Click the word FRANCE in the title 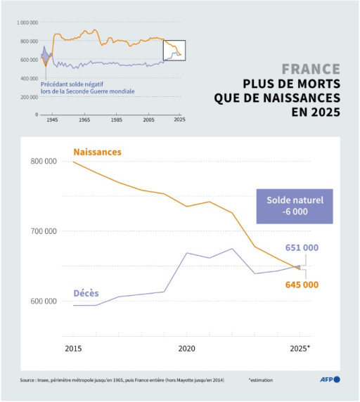311,70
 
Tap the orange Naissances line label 97,152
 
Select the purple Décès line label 86,292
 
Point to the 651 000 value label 302,247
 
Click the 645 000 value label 302,285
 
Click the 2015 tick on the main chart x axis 72,348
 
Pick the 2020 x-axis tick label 186,348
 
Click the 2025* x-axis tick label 300,348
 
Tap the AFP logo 330,380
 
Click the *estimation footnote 263,380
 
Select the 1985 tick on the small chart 116,121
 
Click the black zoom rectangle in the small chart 174,50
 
